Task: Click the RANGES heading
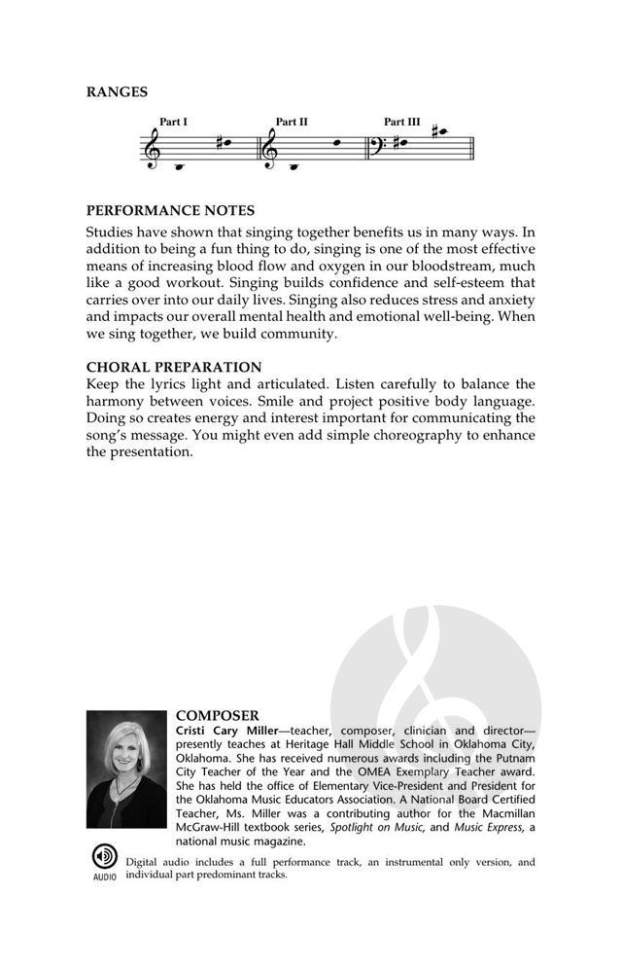tap(117, 92)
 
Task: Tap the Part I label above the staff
tap(174, 122)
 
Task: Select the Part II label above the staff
tap(292, 122)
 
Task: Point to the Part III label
tap(402, 122)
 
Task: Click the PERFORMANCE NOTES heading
tap(170, 210)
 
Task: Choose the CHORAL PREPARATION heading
tap(174, 367)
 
